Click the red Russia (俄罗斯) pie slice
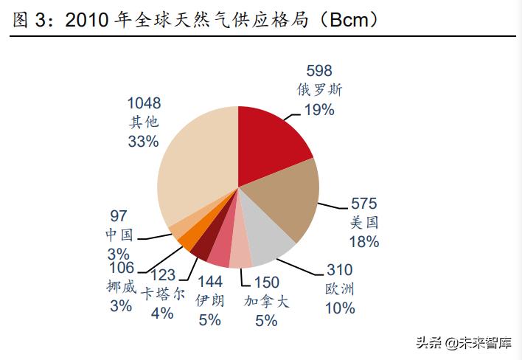click(x=273, y=140)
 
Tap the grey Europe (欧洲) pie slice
click(x=269, y=243)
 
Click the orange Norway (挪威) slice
click(x=187, y=243)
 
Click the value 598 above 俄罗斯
click(x=319, y=72)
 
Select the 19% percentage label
click(x=319, y=109)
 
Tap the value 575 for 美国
click(x=363, y=204)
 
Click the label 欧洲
click(x=339, y=289)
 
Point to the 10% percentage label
click(x=339, y=308)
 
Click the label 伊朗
click(x=209, y=301)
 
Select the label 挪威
click(x=121, y=287)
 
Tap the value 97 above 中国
click(x=118, y=216)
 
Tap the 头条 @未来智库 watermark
click(x=464, y=343)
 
